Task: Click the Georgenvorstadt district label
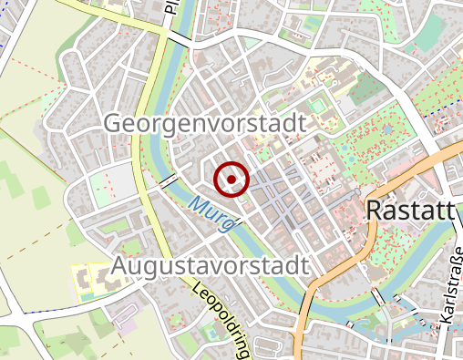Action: (x=203, y=122)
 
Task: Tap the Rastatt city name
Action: (x=409, y=211)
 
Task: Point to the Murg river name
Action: (x=210, y=212)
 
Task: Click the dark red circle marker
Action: (x=231, y=179)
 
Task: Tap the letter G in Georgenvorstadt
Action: (x=115, y=122)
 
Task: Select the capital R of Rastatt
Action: (x=374, y=211)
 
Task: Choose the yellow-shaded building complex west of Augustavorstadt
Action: (x=91, y=277)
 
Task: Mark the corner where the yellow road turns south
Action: (x=165, y=36)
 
